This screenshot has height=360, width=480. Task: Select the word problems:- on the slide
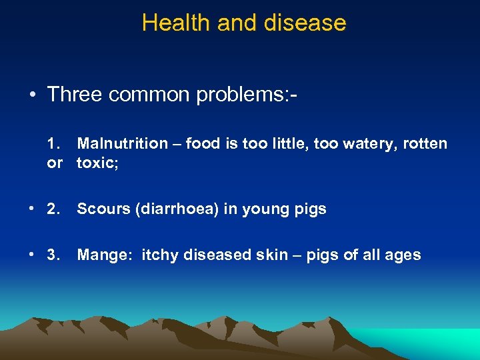click(x=246, y=95)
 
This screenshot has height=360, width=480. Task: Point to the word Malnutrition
click(x=123, y=143)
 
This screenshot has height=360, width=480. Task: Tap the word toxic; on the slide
click(x=97, y=163)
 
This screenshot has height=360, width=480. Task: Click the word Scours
click(x=103, y=209)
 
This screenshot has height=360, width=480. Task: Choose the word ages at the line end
click(x=403, y=255)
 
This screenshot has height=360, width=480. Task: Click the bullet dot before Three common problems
click(x=32, y=95)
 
